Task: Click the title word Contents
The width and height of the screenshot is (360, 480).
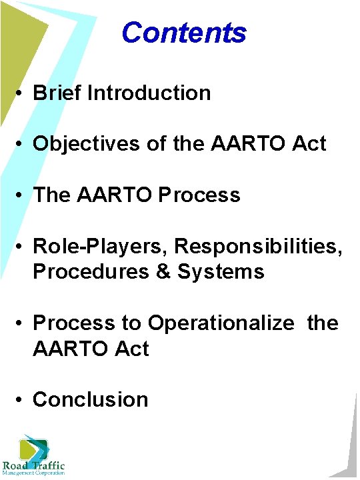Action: click(184, 32)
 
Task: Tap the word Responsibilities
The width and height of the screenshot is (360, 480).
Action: click(259, 246)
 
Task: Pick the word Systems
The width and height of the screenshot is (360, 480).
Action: click(221, 271)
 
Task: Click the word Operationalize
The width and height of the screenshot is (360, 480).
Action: click(221, 323)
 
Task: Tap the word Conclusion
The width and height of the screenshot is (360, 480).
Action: click(91, 399)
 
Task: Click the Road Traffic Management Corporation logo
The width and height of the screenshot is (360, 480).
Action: click(33, 456)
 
